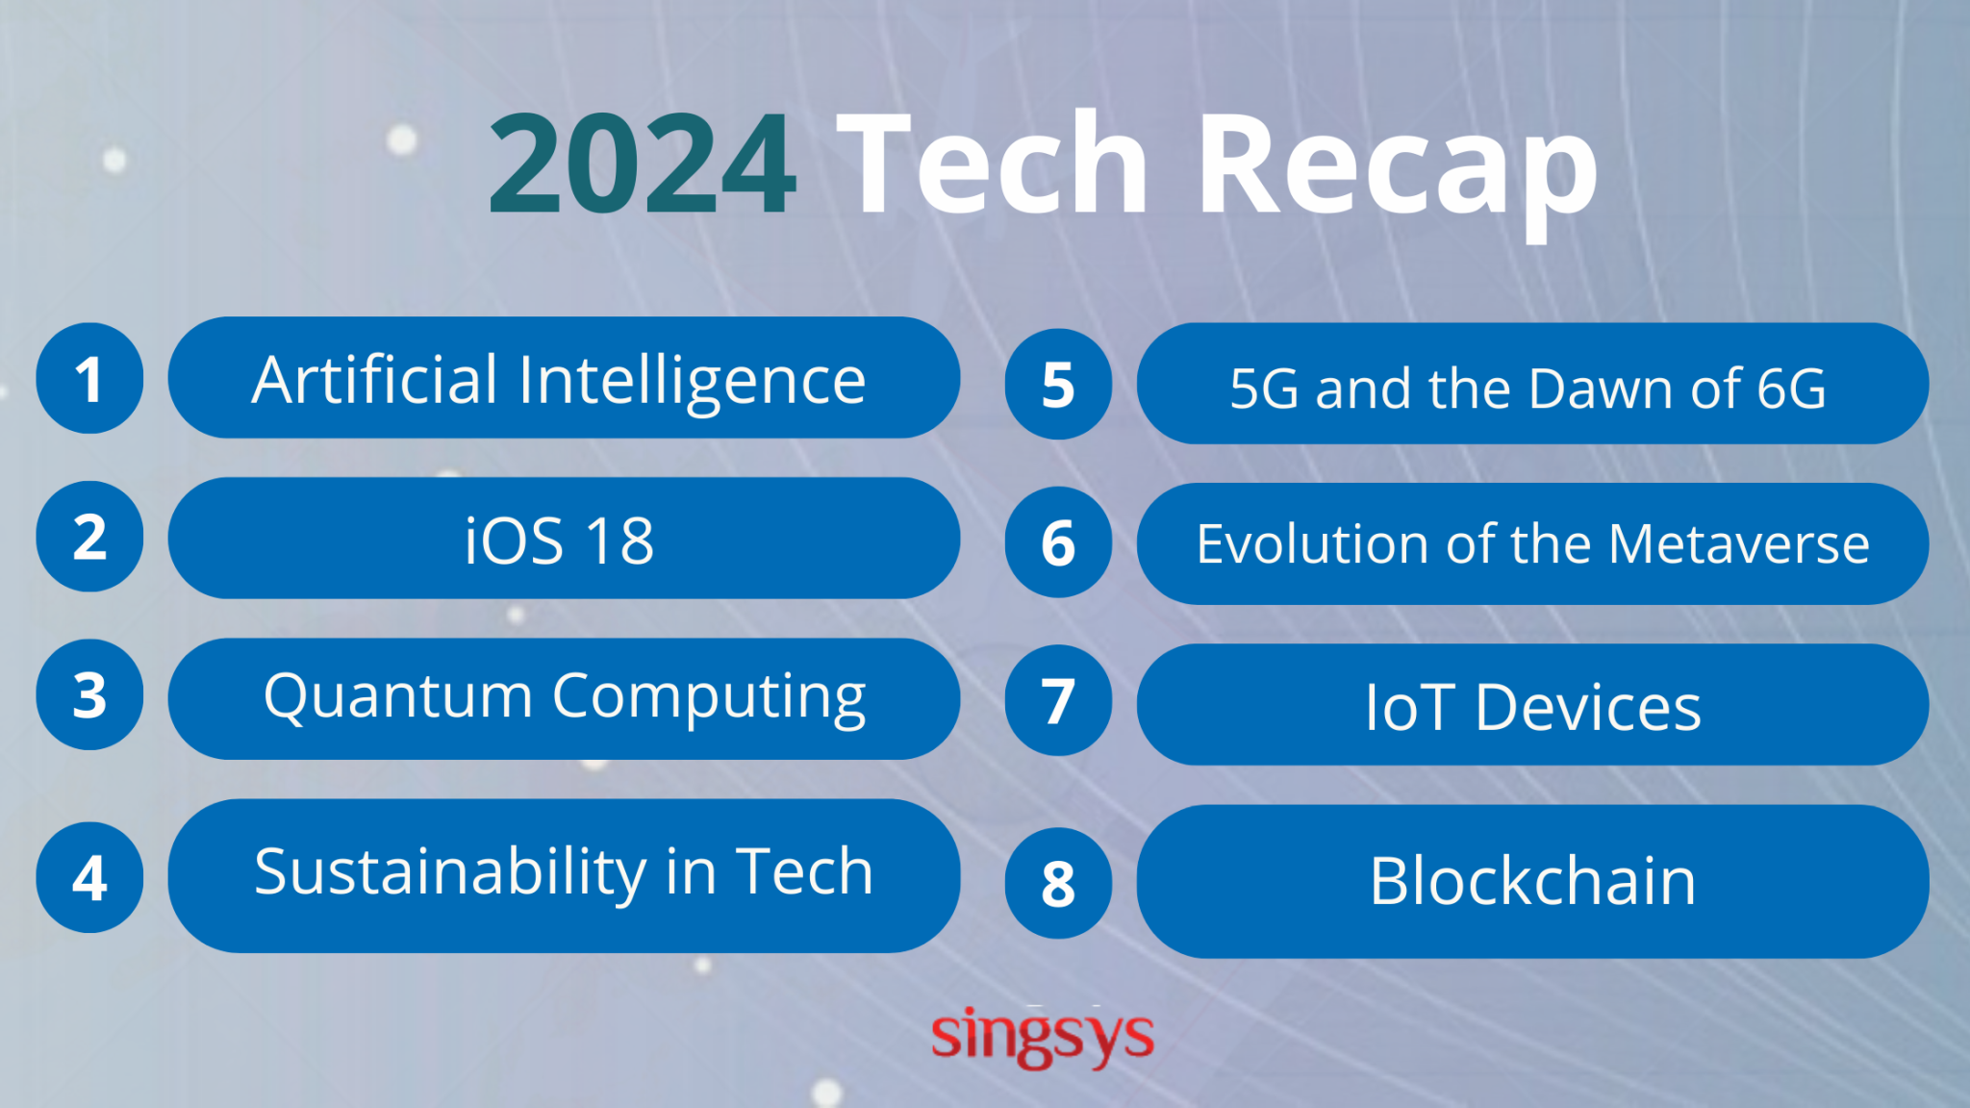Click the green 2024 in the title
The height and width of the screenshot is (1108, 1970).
[643, 164]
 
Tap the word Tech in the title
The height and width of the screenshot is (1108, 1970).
[995, 164]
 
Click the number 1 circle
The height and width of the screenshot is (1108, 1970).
[89, 378]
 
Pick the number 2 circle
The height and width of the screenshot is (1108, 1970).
[89, 537]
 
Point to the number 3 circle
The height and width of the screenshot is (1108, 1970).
[89, 694]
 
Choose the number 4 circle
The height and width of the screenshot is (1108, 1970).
[89, 877]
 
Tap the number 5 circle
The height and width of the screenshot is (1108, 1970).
[1058, 384]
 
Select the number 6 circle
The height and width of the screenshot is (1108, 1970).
[1058, 542]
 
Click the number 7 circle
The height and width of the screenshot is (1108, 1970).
[1058, 700]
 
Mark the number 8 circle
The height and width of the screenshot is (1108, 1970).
[1058, 883]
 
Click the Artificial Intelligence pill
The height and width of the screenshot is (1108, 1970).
[564, 378]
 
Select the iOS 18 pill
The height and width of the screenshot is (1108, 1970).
[564, 539]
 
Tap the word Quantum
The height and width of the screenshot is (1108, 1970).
[397, 696]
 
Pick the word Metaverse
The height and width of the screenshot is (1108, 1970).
[1739, 544]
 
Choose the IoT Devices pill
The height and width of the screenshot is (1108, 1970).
[1532, 705]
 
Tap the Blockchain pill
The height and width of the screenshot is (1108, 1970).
[1532, 881]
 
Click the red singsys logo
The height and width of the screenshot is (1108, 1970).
[1043, 1037]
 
